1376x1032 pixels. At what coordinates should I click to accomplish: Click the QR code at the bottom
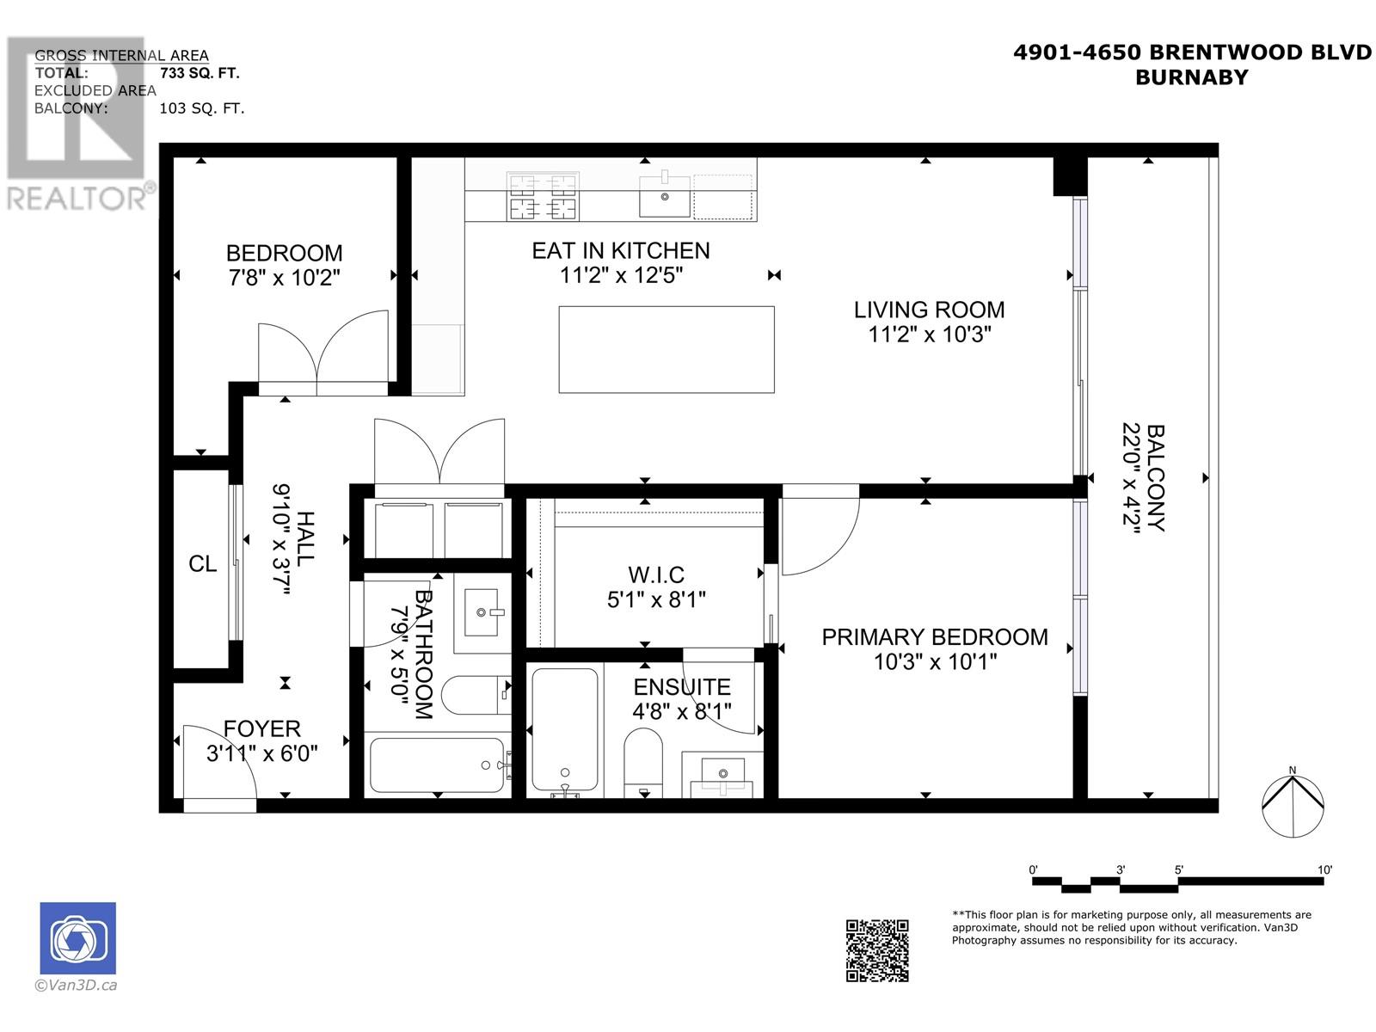pyautogui.click(x=877, y=949)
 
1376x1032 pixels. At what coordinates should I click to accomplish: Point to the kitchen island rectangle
pyautogui.click(x=666, y=349)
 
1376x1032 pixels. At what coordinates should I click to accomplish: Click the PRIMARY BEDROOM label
pyautogui.click(x=934, y=637)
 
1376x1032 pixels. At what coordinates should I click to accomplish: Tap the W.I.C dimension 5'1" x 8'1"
pyautogui.click(x=656, y=599)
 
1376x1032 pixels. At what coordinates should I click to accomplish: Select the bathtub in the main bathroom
pyautogui.click(x=437, y=765)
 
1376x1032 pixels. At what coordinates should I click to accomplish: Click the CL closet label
pyautogui.click(x=202, y=564)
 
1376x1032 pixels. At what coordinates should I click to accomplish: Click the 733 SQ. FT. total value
pyautogui.click(x=200, y=73)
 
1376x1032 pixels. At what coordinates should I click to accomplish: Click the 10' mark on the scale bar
pyautogui.click(x=1324, y=870)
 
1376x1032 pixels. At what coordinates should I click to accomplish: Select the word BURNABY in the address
pyautogui.click(x=1191, y=77)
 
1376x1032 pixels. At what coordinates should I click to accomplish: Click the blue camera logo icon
pyautogui.click(x=77, y=938)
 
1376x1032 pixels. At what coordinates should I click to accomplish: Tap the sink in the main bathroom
pyautogui.click(x=481, y=612)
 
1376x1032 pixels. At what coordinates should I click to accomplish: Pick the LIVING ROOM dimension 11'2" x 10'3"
pyautogui.click(x=930, y=335)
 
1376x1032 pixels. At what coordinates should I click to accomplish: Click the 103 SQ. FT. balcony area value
pyautogui.click(x=201, y=108)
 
